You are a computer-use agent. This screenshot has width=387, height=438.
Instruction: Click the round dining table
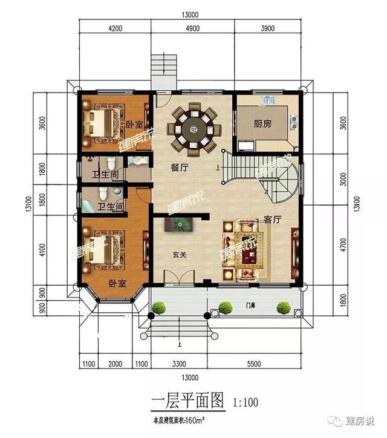[195, 128]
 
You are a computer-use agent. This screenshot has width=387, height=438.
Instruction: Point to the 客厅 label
[273, 220]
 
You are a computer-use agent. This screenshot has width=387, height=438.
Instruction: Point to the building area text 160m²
[193, 419]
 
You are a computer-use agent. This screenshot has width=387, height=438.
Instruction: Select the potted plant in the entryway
[180, 225]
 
